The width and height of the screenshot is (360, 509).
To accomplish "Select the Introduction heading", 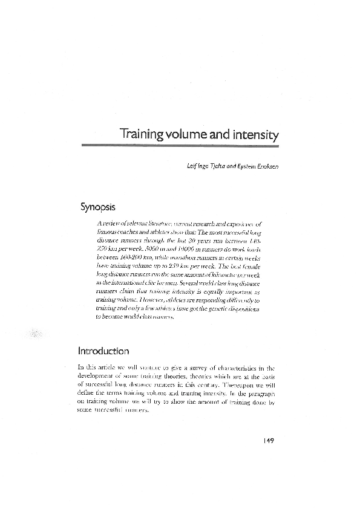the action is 103,351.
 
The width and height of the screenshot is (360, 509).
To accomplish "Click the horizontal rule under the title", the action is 180,145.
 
